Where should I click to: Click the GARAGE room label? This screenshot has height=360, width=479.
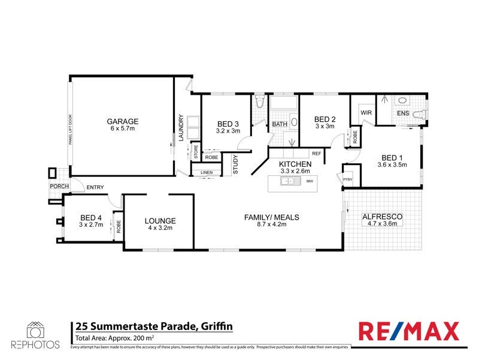coord(123,120)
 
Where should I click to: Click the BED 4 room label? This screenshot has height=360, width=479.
coord(92,217)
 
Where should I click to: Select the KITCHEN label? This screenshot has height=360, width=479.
coord(295,164)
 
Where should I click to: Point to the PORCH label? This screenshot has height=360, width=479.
coord(59,187)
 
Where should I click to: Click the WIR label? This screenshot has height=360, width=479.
coord(365,112)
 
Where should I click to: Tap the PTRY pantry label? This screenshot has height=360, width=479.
coord(347,178)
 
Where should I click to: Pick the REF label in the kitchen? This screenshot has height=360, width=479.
coord(317,154)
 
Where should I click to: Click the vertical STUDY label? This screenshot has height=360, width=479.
coord(235,165)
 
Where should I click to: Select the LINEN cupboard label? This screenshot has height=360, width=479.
coord(207,173)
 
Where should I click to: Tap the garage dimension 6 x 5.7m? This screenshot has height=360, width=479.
coord(123,129)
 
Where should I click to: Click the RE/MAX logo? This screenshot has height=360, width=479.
coord(408,331)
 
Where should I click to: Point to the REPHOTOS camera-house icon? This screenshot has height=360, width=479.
coord(34,330)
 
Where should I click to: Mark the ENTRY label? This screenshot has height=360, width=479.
coord(95,188)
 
